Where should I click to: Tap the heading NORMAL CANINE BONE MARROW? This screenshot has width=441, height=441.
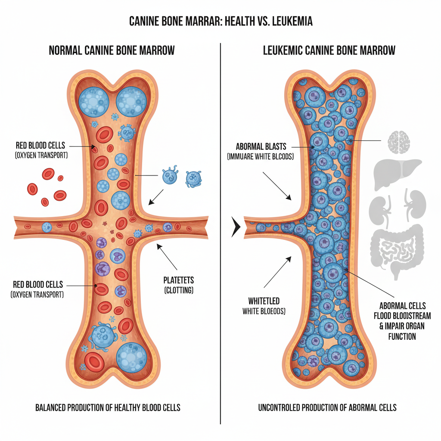pos(112,51)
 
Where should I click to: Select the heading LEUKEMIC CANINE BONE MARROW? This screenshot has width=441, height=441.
pos(329,51)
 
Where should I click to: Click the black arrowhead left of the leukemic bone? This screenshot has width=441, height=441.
pos(235,227)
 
